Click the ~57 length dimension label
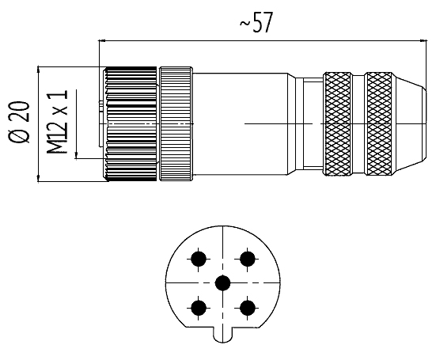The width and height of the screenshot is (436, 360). (x=256, y=23)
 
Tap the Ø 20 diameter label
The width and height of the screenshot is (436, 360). (x=20, y=123)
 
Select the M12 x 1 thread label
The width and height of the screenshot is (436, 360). (x=57, y=122)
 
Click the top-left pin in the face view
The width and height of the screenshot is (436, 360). (x=199, y=260)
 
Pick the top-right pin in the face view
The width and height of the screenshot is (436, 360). (x=247, y=259)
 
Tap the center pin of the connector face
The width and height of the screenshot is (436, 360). (x=222, y=283)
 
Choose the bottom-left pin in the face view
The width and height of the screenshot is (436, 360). (x=199, y=308)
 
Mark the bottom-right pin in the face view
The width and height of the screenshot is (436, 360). (x=247, y=308)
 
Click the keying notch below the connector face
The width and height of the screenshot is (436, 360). (x=222, y=335)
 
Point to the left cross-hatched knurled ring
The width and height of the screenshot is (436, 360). (x=337, y=123)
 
